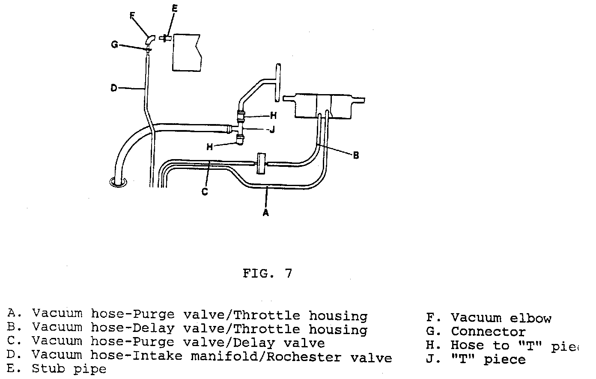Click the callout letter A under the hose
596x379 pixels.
pyautogui.click(x=265, y=212)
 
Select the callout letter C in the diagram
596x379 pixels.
pyautogui.click(x=205, y=192)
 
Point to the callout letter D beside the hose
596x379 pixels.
pyautogui.click(x=113, y=88)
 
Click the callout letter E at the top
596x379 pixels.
pyautogui.click(x=175, y=9)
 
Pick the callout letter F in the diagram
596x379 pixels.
pyautogui.click(x=132, y=16)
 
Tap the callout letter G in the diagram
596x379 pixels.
pyautogui.click(x=115, y=44)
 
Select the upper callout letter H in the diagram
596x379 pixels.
pyautogui.click(x=273, y=115)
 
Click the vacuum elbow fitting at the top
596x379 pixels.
pyautogui.click(x=150, y=39)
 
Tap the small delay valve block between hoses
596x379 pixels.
pyautogui.click(x=260, y=163)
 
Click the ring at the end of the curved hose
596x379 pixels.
pyautogui.click(x=117, y=182)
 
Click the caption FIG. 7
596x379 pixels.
pyautogui.click(x=267, y=273)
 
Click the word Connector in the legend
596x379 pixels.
pyautogui.click(x=488, y=332)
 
